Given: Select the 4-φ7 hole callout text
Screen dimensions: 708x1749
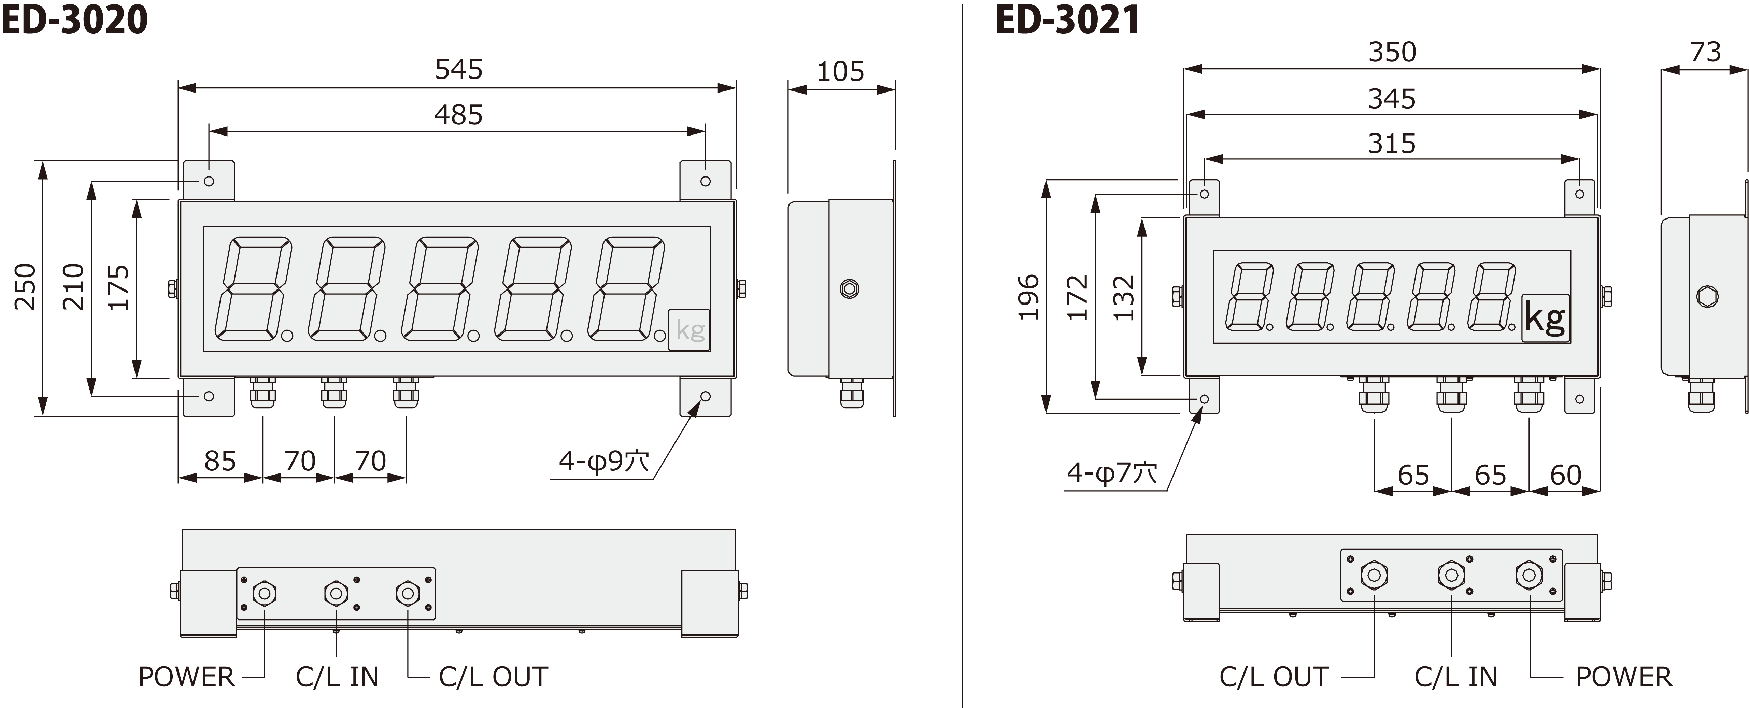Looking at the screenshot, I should click(1111, 472).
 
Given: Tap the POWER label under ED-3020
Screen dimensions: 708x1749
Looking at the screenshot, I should click(186, 677).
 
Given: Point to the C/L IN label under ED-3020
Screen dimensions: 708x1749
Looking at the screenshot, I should click(337, 677).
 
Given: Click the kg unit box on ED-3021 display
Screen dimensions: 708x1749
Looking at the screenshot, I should click(1545, 318).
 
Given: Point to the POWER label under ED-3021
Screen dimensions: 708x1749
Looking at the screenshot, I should click(1623, 677).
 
